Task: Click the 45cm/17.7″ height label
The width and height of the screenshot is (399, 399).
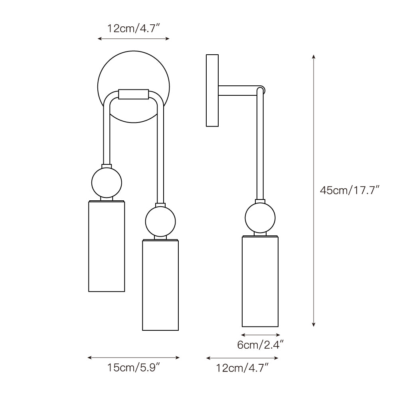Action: pyautogui.click(x=349, y=190)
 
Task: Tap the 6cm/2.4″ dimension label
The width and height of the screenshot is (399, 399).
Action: pyautogui.click(x=260, y=345)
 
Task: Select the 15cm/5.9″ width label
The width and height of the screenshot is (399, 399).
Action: pyautogui.click(x=133, y=368)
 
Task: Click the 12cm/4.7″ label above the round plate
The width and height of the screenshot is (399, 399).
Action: pyautogui.click(x=134, y=28)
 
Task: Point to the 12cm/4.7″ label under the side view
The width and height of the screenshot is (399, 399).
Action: pyautogui.click(x=242, y=368)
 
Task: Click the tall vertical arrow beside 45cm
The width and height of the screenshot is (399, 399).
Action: pyautogui.click(x=314, y=190)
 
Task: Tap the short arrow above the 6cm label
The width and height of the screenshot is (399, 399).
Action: pyautogui.click(x=260, y=335)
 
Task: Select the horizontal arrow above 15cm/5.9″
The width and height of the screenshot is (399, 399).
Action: pyautogui.click(x=133, y=358)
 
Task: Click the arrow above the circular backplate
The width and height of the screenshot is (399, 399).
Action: pyautogui.click(x=134, y=39)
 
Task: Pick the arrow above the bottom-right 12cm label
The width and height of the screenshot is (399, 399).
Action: pyautogui.click(x=242, y=358)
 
